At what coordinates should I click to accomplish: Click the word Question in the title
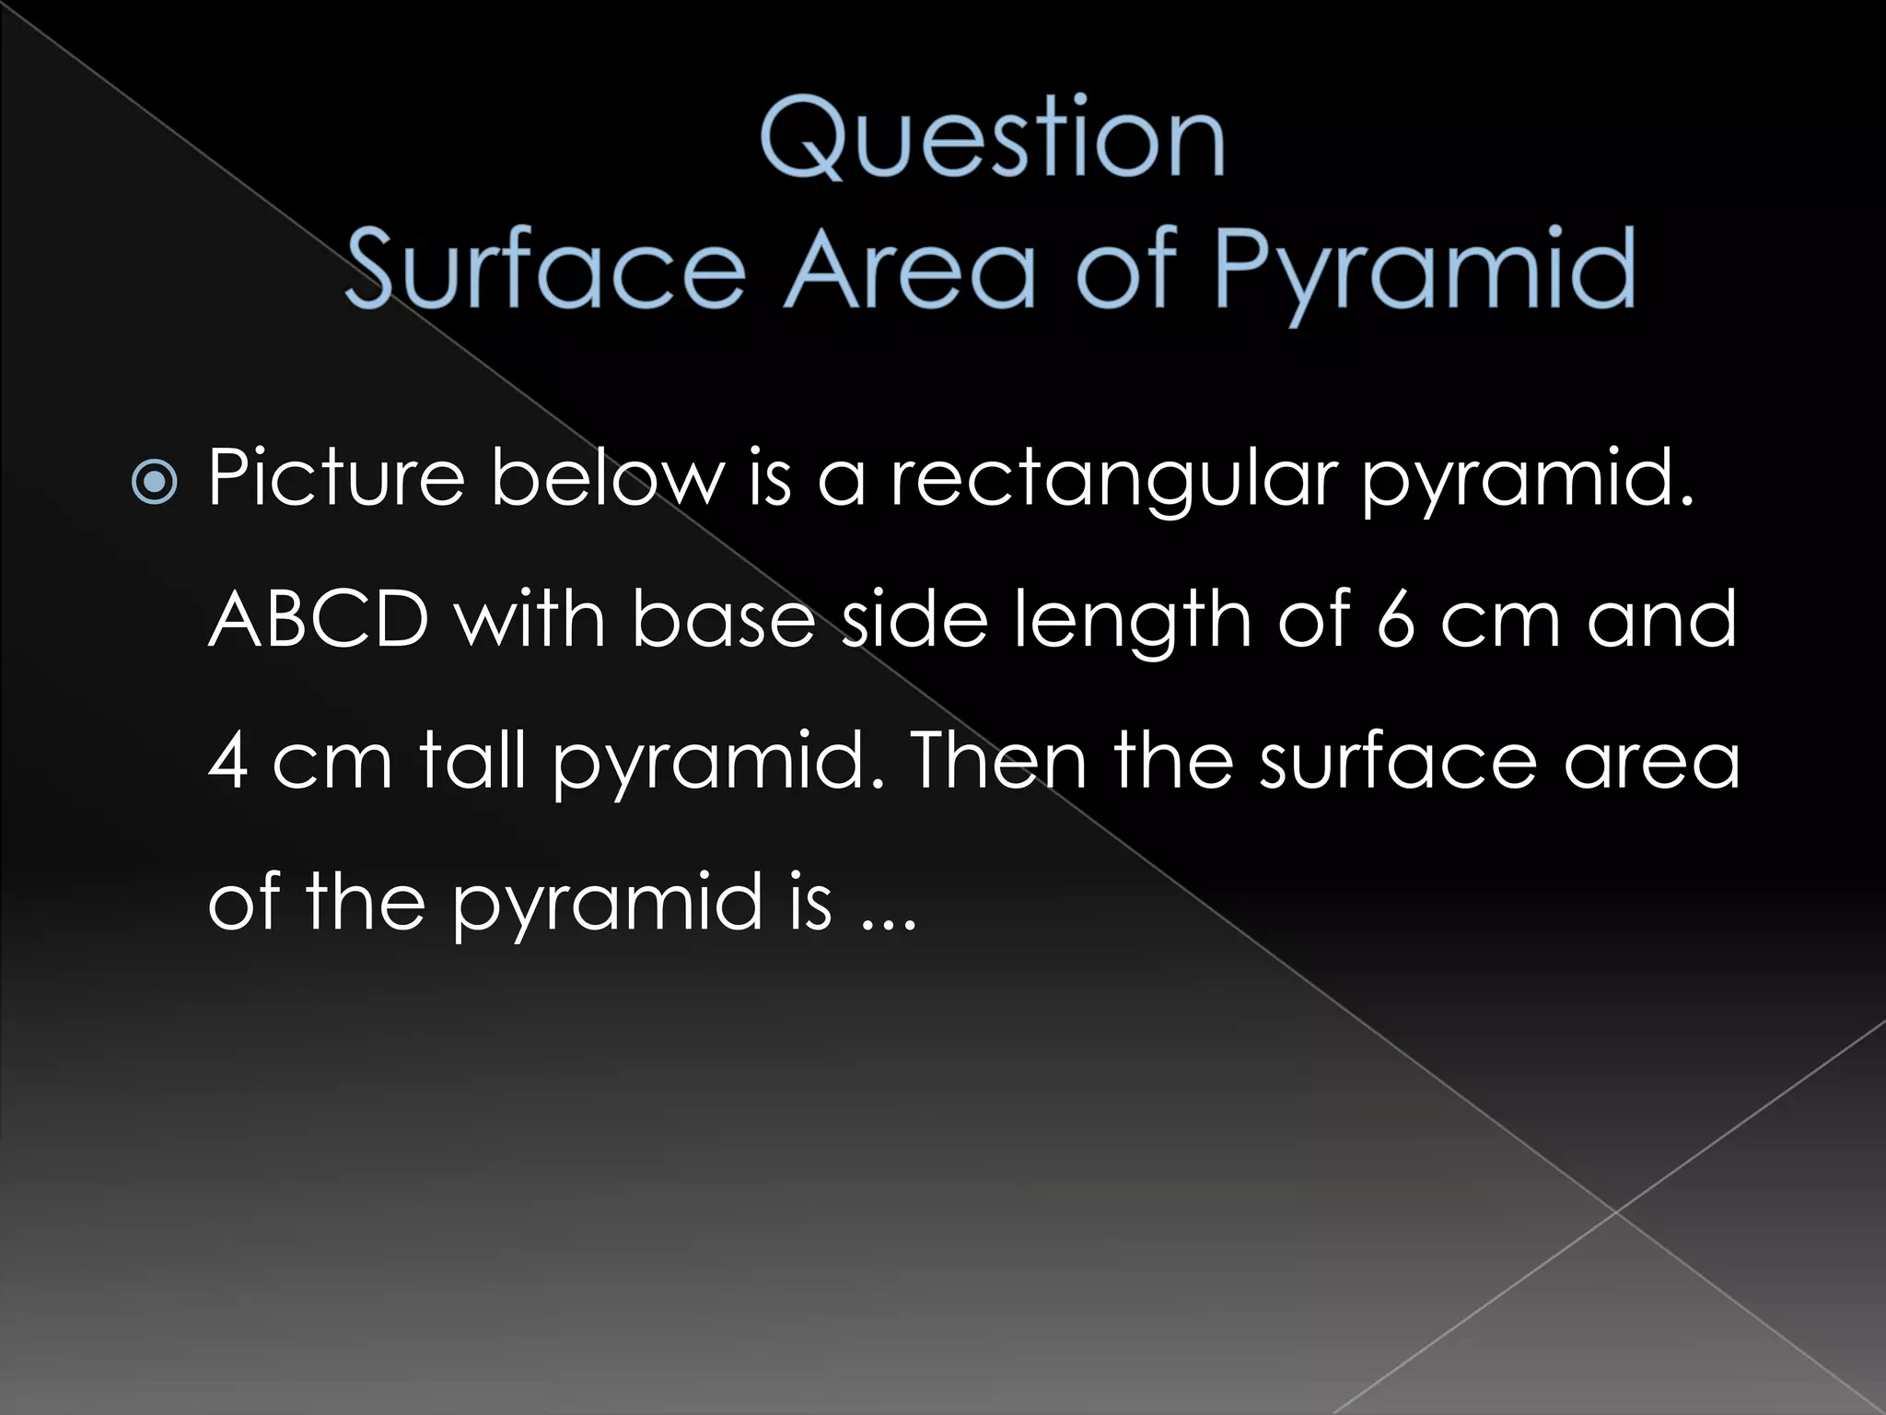[993, 140]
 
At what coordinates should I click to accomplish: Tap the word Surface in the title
[545, 269]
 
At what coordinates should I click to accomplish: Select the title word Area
[910, 269]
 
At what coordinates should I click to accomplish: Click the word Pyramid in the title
[1424, 271]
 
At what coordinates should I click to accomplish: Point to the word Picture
[336, 479]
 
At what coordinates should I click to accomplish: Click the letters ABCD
[319, 619]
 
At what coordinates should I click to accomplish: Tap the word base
[723, 619]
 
